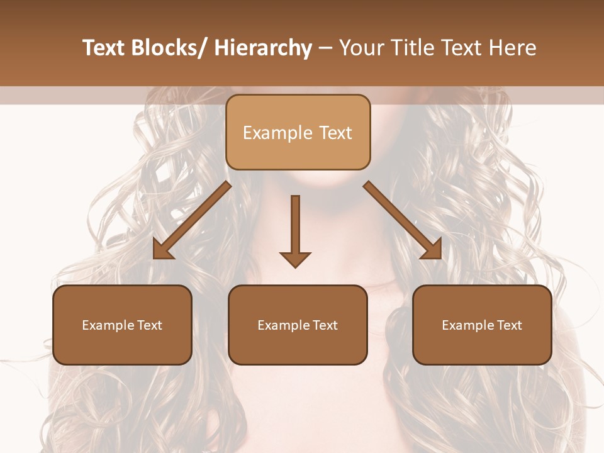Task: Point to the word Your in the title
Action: point(360,48)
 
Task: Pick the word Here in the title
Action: point(513,48)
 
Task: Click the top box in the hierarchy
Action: point(298,132)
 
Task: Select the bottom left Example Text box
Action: point(122,325)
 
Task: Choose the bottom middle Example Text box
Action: point(298,325)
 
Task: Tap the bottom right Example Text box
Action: point(482,325)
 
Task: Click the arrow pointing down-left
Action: point(192,220)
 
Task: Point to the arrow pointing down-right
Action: point(403,220)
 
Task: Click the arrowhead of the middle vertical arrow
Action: point(295,259)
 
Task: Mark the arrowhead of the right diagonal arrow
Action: point(433,251)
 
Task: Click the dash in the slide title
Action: point(325,48)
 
